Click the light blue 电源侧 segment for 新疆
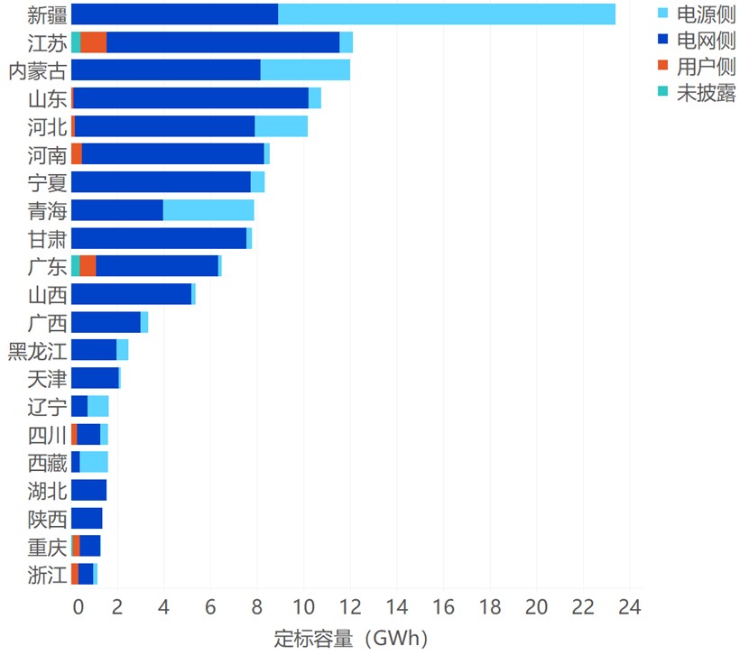(447, 14)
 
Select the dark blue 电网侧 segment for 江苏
(223, 42)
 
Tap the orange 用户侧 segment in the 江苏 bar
(94, 42)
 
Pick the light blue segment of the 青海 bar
(208, 210)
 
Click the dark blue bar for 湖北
(88, 490)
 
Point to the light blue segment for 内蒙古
(305, 70)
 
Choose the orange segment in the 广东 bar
(88, 266)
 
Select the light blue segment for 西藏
(94, 462)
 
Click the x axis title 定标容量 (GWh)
(351, 638)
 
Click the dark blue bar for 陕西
(87, 518)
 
